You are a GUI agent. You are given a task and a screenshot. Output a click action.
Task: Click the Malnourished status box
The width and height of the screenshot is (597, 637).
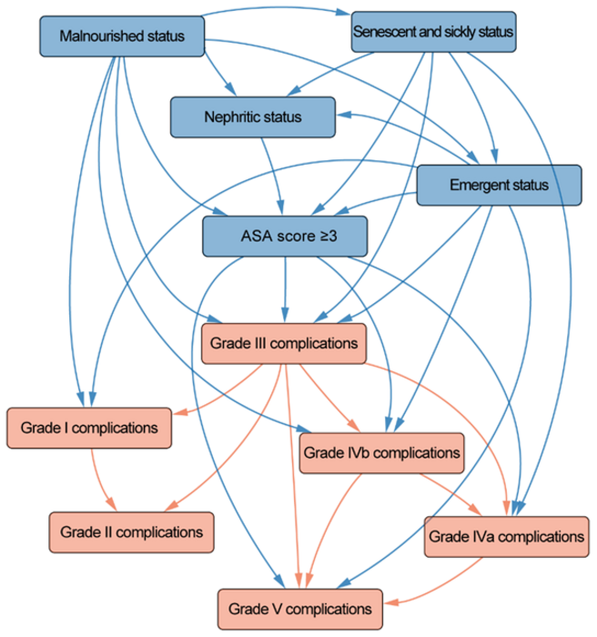tap(121, 36)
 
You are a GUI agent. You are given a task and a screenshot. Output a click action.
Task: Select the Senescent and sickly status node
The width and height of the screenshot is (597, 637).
tap(432, 32)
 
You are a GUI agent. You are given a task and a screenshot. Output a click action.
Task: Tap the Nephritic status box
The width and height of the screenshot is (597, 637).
tap(252, 117)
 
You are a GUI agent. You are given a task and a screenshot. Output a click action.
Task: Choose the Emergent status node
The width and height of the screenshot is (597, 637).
tap(499, 186)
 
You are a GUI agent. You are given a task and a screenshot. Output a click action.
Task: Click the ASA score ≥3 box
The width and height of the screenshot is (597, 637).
tap(285, 237)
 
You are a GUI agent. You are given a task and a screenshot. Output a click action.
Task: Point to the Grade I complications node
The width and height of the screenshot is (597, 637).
tap(90, 427)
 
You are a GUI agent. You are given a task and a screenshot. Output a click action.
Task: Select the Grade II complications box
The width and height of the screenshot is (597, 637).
tap(131, 531)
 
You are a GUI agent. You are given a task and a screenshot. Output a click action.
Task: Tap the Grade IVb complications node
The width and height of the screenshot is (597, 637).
tap(381, 451)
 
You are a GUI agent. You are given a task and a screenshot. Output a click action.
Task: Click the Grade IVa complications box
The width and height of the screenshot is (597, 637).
tap(505, 536)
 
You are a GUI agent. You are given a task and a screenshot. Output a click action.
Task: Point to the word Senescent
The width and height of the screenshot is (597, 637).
tap(382, 32)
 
